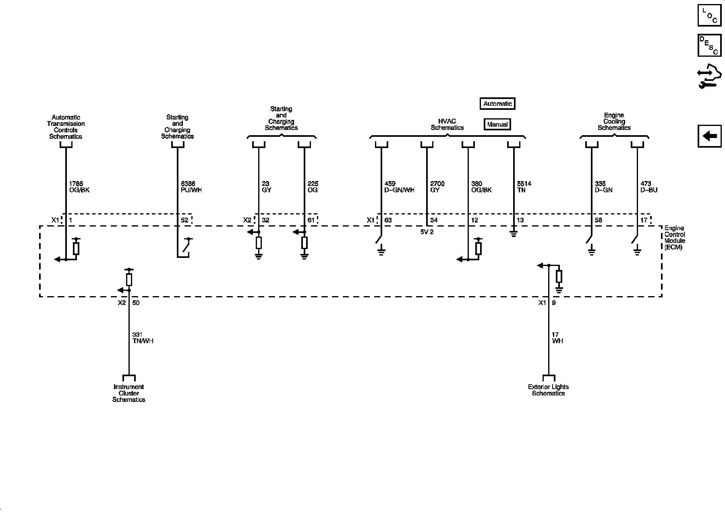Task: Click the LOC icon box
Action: click(709, 15)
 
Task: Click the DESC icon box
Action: click(709, 45)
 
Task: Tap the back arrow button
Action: click(709, 136)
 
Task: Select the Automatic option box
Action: click(497, 104)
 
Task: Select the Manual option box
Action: click(497, 124)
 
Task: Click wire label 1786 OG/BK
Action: click(79, 187)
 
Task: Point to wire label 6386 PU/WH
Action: click(191, 187)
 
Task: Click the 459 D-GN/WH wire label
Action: click(399, 187)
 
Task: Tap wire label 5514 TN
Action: click(524, 187)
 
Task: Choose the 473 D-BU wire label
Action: click(648, 187)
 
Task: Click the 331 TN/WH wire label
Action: click(143, 338)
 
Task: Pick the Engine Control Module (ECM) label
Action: click(675, 238)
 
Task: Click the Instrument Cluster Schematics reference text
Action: click(129, 393)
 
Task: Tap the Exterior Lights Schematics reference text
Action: click(548, 390)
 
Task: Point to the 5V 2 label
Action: click(427, 232)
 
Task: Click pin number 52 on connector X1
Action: click(184, 220)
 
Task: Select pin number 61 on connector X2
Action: click(311, 220)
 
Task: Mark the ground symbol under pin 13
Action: click(514, 233)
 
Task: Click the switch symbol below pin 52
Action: click(186, 245)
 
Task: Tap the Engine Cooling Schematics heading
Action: click(614, 122)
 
